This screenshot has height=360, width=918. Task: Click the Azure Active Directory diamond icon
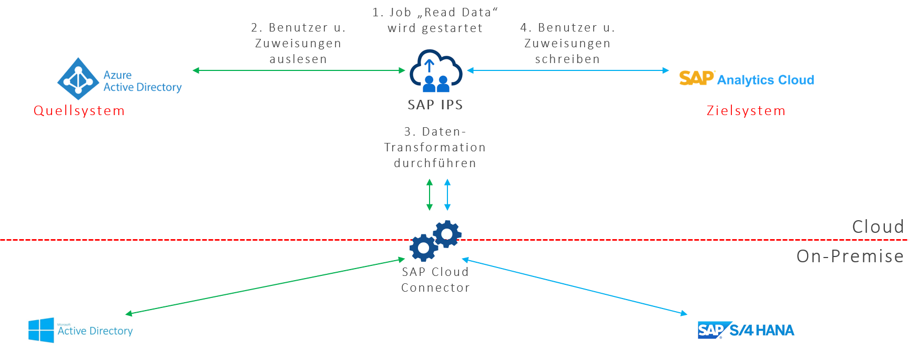[x=78, y=79]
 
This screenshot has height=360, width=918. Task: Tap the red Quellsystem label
[x=79, y=111]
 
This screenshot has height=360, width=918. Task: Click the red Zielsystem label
[x=746, y=111]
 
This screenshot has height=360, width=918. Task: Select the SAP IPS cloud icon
[x=436, y=70]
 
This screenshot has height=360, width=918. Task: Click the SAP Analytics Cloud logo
[x=746, y=79]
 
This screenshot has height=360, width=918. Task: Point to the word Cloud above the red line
[x=878, y=227]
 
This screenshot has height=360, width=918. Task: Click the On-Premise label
[x=850, y=256]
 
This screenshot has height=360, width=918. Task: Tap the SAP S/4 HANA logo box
[x=746, y=330]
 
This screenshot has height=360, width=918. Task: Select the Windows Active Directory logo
[x=79, y=330]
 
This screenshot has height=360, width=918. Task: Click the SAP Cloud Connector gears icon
[x=436, y=241]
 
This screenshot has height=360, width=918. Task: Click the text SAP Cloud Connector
[x=435, y=280]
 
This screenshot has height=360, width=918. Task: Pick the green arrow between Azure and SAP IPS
[x=298, y=70]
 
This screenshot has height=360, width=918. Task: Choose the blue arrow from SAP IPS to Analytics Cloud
[x=568, y=70]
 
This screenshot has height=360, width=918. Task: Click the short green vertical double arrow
[x=430, y=194]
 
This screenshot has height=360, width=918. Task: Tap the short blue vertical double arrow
[x=447, y=194]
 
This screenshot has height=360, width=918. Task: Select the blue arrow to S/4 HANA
[x=574, y=286]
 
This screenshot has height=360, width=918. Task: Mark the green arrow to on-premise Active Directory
[x=266, y=286]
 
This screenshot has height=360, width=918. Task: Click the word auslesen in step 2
[x=298, y=59]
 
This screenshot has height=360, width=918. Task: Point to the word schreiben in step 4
[x=567, y=59]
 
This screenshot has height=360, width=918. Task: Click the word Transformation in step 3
[x=435, y=148]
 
